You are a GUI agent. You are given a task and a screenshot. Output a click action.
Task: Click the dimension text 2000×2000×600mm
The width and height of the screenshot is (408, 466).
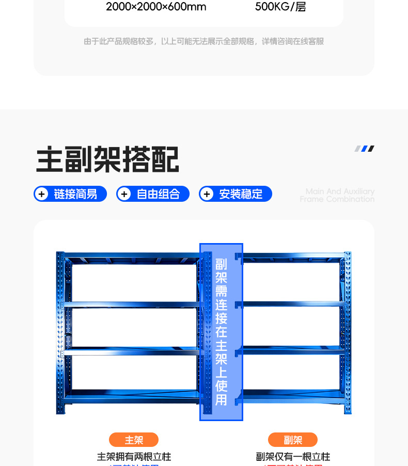156,7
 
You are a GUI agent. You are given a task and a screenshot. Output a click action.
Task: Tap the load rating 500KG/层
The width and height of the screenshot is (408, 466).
280,7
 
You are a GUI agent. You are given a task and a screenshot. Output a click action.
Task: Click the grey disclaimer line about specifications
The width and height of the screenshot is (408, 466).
204,41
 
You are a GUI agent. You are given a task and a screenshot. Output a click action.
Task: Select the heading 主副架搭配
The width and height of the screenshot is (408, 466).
107,159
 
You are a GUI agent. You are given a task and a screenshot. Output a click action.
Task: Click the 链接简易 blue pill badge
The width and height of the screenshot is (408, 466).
70,194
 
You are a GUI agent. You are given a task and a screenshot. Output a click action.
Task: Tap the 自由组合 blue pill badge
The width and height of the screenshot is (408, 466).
153,194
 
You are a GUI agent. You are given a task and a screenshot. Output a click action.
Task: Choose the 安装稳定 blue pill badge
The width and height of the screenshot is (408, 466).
236,194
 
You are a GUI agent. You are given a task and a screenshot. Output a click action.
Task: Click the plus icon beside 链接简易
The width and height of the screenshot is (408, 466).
42,194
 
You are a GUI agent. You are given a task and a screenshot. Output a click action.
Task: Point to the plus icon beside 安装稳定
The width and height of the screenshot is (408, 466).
207,194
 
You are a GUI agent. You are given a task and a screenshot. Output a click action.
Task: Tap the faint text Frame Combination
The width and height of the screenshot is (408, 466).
337,199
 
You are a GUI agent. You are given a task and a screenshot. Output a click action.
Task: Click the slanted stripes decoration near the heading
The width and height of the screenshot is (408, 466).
364,149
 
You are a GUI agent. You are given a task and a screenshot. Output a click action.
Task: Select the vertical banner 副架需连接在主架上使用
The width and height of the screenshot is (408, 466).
221,331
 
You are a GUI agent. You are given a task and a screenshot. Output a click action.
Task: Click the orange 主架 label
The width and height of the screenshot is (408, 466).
134,440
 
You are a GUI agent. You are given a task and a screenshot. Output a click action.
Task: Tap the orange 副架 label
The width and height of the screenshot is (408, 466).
293,440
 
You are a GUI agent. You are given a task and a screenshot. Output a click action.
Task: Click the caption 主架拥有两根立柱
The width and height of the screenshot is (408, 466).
134,457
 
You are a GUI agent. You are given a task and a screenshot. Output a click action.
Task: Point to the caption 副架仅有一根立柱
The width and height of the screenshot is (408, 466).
293,457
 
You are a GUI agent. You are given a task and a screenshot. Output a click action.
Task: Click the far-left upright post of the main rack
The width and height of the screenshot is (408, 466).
61,332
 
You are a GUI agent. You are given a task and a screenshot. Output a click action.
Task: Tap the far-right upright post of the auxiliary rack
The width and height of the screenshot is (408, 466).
347,332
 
